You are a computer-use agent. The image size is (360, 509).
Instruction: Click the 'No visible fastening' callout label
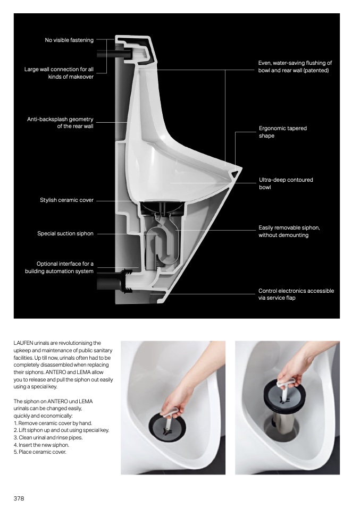click(x=69, y=40)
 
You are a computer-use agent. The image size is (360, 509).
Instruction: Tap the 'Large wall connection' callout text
click(x=59, y=73)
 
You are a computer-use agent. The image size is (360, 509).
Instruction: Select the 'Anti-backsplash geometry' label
click(x=60, y=123)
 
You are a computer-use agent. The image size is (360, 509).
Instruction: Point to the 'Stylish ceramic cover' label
click(x=66, y=200)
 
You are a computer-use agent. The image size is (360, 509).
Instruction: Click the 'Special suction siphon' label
click(x=65, y=233)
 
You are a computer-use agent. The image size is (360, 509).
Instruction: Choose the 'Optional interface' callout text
click(x=59, y=267)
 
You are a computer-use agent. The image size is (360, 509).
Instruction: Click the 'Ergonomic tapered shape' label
click(x=282, y=132)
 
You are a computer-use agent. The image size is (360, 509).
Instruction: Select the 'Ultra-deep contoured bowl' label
click(x=286, y=183)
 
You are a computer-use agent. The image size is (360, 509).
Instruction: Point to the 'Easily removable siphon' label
click(x=289, y=231)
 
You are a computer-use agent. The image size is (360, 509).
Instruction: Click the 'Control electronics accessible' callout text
click(x=296, y=294)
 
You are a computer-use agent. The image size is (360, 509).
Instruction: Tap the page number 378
click(x=19, y=498)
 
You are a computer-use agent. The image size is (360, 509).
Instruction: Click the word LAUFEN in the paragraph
click(x=22, y=343)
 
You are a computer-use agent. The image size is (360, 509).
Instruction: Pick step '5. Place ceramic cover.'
click(x=40, y=452)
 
